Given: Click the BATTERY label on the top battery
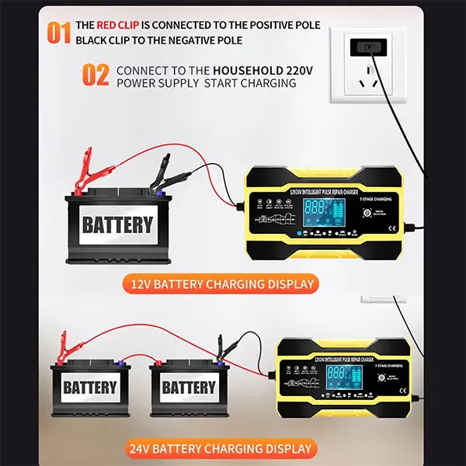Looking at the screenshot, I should (x=117, y=225).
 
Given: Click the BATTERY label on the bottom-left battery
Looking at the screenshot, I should (x=90, y=387).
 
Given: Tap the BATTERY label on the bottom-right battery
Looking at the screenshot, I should (x=189, y=387).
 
